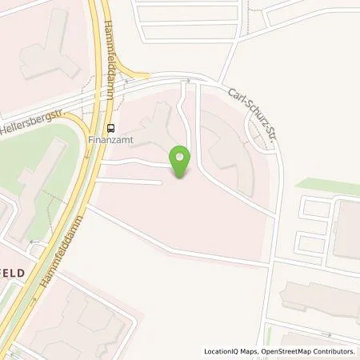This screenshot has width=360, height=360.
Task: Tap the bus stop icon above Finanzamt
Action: [110, 126]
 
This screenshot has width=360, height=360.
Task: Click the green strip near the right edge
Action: [328, 186]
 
